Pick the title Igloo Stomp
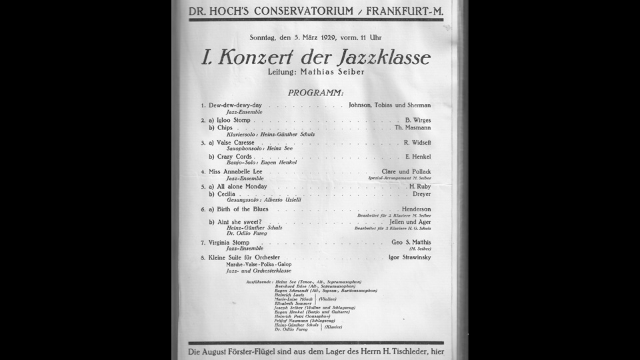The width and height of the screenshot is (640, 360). (233, 121)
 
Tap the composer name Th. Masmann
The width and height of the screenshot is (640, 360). (413, 128)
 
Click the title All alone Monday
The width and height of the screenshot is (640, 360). (242, 187)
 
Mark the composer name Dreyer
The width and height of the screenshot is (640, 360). (421, 194)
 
